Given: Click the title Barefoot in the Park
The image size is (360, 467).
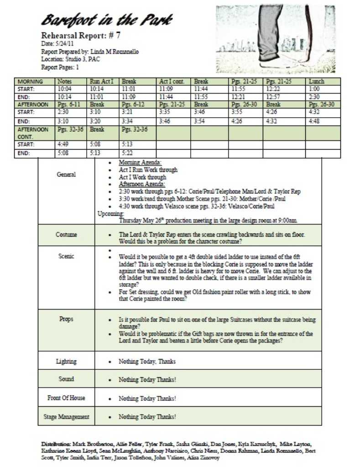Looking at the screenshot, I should [107, 20].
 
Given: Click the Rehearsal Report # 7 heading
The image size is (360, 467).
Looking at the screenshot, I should [81, 35].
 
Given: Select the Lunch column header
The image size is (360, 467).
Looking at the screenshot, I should [316, 82].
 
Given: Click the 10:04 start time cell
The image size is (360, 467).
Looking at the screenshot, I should [64, 89].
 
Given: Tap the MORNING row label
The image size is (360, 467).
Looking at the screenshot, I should [31, 82].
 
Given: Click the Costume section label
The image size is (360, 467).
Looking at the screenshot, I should [66, 234].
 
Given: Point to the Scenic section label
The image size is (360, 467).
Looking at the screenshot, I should [66, 256].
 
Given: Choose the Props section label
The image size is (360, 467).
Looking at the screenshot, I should [66, 319].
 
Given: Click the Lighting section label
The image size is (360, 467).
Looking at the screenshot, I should [66, 361].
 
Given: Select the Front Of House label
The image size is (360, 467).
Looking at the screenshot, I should [66, 398].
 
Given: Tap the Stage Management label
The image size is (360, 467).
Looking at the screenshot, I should [66, 416].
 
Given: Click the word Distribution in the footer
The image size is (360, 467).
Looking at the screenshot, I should [55, 443].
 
